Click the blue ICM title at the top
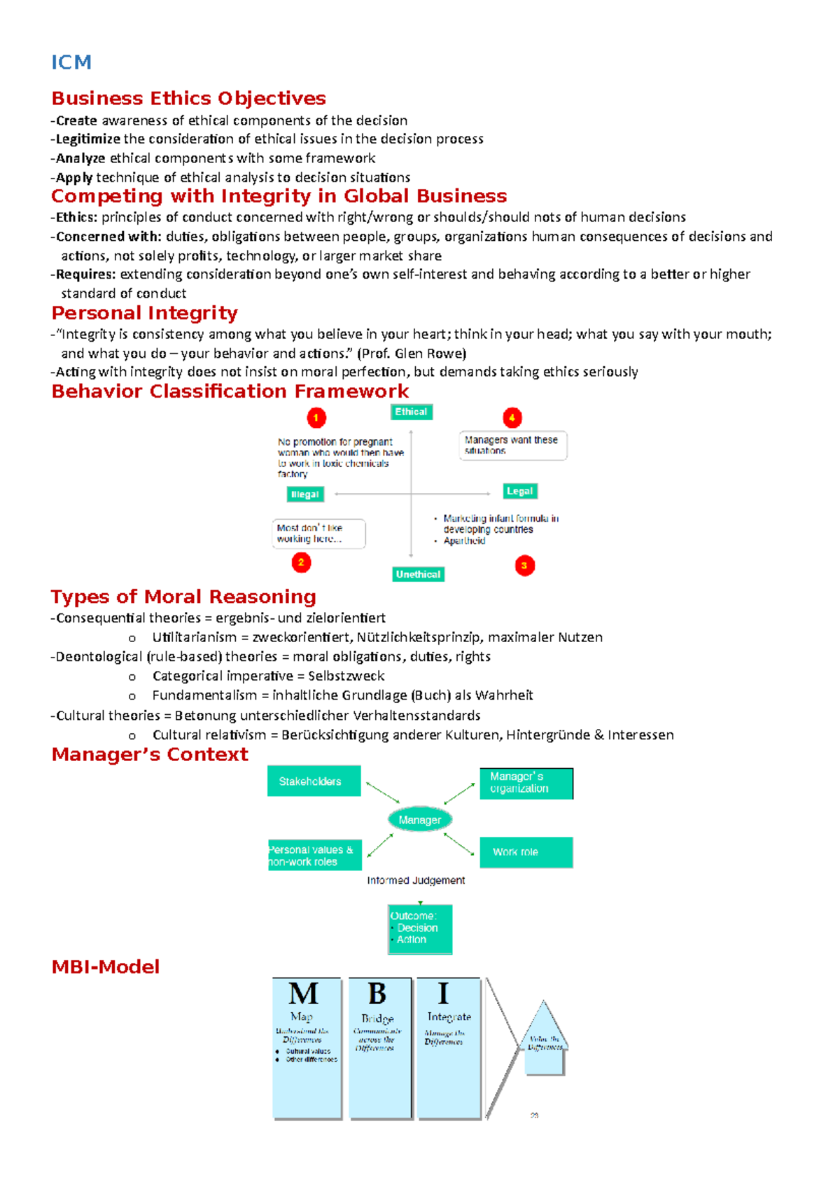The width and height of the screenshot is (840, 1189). coord(71,62)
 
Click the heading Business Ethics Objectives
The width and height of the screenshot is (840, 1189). coord(188,98)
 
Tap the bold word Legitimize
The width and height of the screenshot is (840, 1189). coord(88,139)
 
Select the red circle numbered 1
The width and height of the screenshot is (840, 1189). coord(316,418)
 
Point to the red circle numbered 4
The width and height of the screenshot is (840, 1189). coord(512,418)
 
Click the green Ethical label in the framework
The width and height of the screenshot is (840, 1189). coord(411,412)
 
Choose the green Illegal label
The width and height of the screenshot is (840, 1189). coord(304,494)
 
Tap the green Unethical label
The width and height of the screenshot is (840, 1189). coord(418,574)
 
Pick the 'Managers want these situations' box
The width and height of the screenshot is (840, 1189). coord(512,445)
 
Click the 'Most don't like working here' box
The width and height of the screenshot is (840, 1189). coord(318,534)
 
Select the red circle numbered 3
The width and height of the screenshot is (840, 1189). coord(524,565)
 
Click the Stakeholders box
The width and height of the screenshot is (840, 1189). coord(314,781)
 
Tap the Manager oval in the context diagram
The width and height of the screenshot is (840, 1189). coord(420,819)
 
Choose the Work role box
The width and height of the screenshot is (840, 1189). coord(526,852)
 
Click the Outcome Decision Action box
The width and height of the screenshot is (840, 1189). coord(420,929)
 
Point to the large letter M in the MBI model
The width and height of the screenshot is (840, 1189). coord(303,994)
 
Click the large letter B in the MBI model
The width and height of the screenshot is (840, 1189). coord(377,994)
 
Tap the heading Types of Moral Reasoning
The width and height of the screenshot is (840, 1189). coord(183,597)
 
